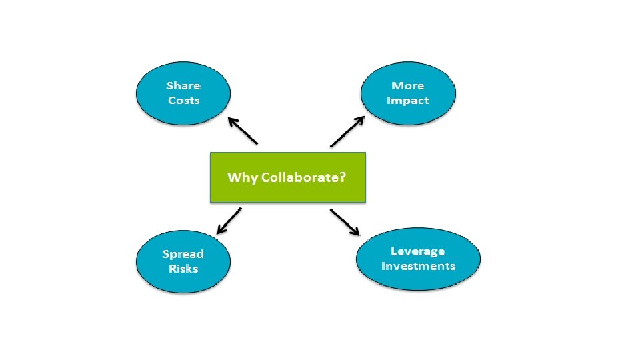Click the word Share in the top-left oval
point(183,86)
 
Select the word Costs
point(183,101)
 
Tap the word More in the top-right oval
point(408,86)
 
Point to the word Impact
point(408,101)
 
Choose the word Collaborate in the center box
point(299,178)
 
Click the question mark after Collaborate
point(342,178)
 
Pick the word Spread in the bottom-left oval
point(183,254)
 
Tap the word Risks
point(183,269)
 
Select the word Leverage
point(418,251)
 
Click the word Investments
point(418,266)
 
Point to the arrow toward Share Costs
point(242,131)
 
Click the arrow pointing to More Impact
point(347,131)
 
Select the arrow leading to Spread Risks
point(230,221)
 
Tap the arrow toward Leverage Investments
point(345,223)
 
